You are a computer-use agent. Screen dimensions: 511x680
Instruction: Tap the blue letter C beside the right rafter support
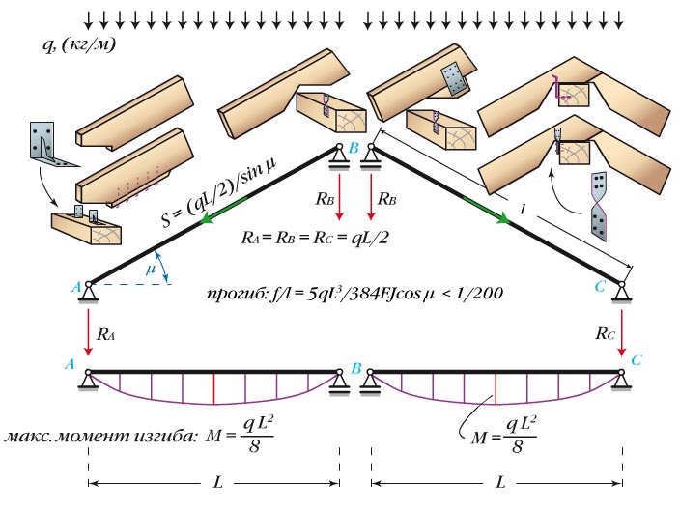pos(601,286)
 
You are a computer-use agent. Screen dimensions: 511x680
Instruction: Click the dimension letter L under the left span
pos(212,480)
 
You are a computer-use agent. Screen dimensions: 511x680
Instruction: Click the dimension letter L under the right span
pos(499,480)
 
